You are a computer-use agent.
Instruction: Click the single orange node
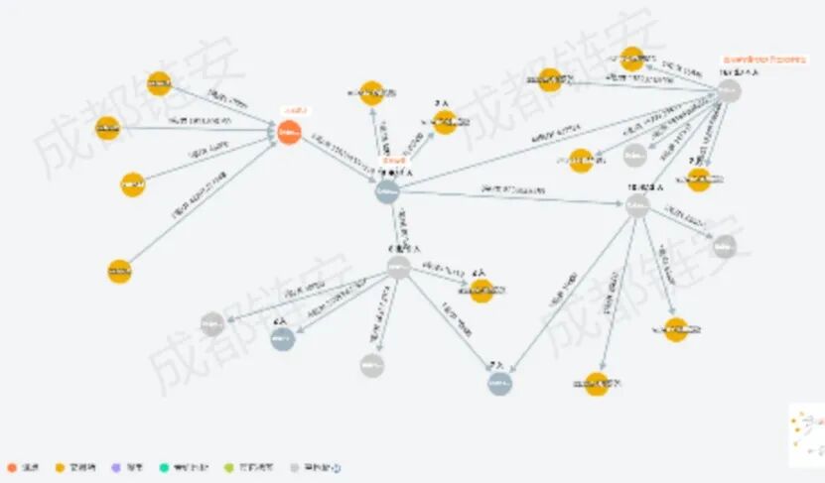click(x=289, y=132)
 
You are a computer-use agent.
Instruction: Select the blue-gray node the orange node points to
click(x=387, y=190)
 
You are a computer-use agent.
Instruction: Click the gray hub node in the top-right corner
click(x=730, y=91)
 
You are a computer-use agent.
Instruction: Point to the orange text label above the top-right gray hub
click(x=762, y=60)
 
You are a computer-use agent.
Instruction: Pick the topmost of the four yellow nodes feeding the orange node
click(x=160, y=84)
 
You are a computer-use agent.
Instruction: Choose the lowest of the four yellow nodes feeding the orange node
click(x=119, y=271)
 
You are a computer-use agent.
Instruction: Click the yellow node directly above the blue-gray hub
click(x=371, y=93)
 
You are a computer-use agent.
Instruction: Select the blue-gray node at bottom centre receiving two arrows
click(x=500, y=383)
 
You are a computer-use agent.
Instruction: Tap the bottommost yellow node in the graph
click(x=597, y=384)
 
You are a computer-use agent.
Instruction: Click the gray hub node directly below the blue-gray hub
click(x=398, y=266)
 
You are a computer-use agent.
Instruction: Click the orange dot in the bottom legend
click(x=11, y=467)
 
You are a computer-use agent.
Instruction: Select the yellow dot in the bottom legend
click(x=59, y=467)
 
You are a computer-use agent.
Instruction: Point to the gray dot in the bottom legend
click(x=295, y=467)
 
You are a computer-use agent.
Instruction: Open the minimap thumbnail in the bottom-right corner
click(x=806, y=434)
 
